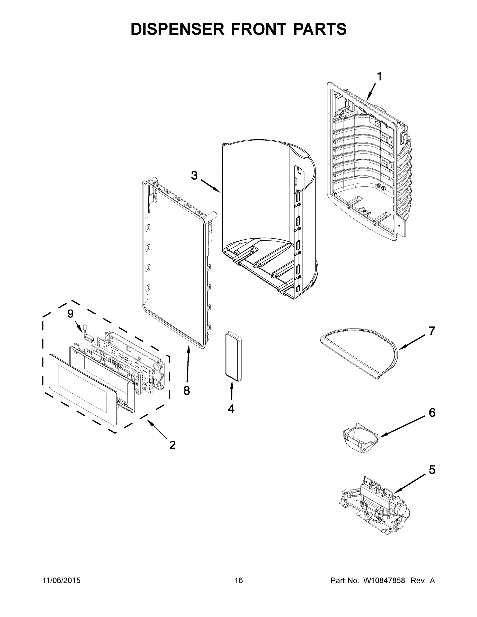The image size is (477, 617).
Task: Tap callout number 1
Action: click(379, 77)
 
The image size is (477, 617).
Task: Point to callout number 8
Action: click(186, 391)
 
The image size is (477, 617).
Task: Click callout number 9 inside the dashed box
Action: click(70, 314)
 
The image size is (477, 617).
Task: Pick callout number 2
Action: click(172, 445)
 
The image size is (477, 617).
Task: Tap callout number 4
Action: click(231, 409)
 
